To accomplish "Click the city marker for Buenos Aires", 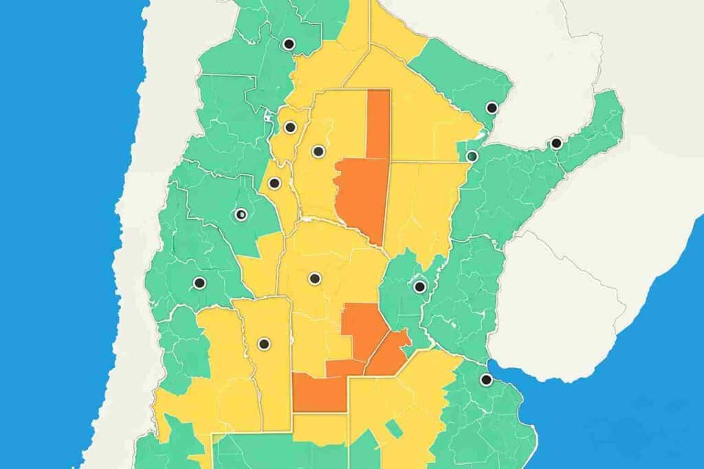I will [486, 380].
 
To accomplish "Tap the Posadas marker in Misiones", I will [555, 144].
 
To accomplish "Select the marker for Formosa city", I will [492, 108].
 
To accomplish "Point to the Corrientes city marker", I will [472, 156].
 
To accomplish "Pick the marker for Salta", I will [289, 44].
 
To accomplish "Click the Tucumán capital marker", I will [290, 127].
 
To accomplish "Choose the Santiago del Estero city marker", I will [317, 151].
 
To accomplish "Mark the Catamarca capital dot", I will [274, 183].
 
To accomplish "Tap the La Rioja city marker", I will [241, 214].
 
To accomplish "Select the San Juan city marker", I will [199, 282].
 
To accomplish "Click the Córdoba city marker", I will [314, 278].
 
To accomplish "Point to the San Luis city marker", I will [263, 343].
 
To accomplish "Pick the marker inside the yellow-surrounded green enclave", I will [419, 286].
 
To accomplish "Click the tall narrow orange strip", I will [378, 124].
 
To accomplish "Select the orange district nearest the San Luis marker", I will [320, 393].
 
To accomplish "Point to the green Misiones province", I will [591, 130].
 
